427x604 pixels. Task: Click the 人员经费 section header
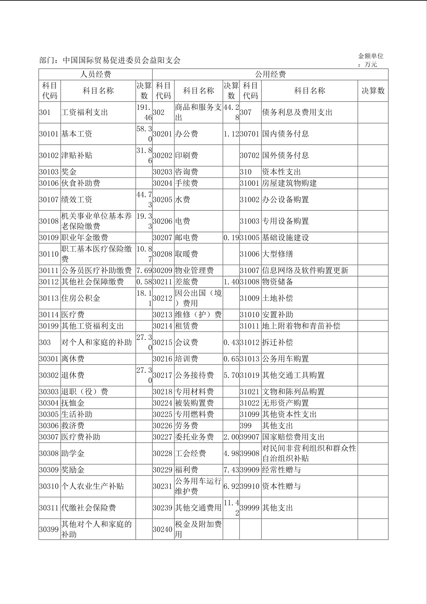pos(95,75)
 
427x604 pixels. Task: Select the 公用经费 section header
pos(270,75)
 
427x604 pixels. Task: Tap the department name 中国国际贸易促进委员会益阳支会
pos(122,60)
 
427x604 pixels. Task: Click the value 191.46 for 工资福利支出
pos(144,113)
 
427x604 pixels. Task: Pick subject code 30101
pos(49,134)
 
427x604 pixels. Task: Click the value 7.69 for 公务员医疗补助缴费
pos(144,270)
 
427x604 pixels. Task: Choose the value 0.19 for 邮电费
pos(231,238)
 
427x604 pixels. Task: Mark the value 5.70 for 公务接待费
pos(231,375)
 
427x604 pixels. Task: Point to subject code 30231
pos(163,486)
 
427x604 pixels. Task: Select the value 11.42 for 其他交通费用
pos(231,508)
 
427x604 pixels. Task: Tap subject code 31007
pos(250,270)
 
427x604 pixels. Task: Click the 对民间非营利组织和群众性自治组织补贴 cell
pos(309,453)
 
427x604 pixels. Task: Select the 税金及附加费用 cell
pos(198,529)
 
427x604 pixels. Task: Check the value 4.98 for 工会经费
pos(231,454)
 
